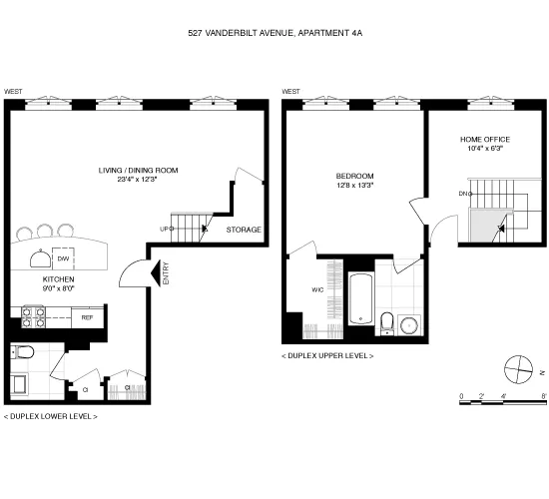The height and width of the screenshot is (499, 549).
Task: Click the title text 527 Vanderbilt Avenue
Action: (x=274, y=32)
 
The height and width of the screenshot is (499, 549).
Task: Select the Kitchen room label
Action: (x=59, y=280)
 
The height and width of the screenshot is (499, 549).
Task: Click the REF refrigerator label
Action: (x=87, y=317)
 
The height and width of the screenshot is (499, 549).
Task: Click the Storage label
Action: (x=244, y=230)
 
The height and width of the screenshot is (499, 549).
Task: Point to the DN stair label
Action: (x=464, y=193)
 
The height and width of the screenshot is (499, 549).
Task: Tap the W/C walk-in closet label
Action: (x=318, y=290)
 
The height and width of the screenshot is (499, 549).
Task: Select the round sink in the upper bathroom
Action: (x=408, y=324)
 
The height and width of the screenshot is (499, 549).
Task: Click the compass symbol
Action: (x=518, y=369)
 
